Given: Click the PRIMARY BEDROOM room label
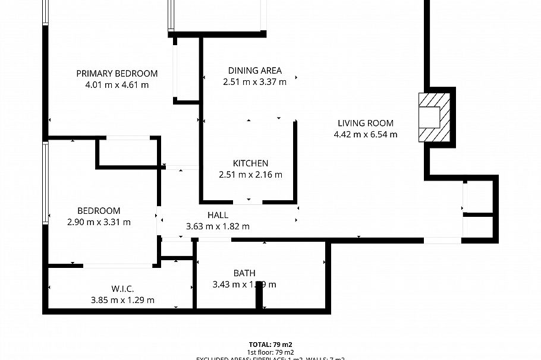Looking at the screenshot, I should click(x=117, y=74).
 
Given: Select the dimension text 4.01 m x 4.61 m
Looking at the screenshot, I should click(x=117, y=85).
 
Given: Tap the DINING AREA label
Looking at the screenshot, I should click(x=254, y=71).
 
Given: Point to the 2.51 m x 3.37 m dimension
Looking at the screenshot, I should click(x=254, y=82).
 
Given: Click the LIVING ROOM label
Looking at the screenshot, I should click(x=366, y=124).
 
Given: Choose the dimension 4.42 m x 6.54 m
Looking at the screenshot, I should click(x=366, y=135).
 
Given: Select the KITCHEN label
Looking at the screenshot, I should click(x=250, y=163).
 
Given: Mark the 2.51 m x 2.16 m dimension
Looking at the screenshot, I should click(x=250, y=175).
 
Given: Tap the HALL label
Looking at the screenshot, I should click(x=218, y=215).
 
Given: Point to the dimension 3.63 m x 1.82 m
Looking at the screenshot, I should click(x=218, y=226).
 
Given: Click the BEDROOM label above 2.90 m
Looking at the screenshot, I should click(x=99, y=211).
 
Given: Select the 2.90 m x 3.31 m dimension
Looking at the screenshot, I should click(x=99, y=222).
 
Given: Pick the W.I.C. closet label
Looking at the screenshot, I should click(x=122, y=289).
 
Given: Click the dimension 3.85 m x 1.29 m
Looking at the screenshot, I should click(x=122, y=300).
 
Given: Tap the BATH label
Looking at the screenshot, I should click(x=244, y=273).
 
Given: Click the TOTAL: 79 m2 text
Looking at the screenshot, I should click(x=270, y=345).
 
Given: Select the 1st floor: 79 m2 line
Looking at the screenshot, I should click(x=270, y=352).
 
